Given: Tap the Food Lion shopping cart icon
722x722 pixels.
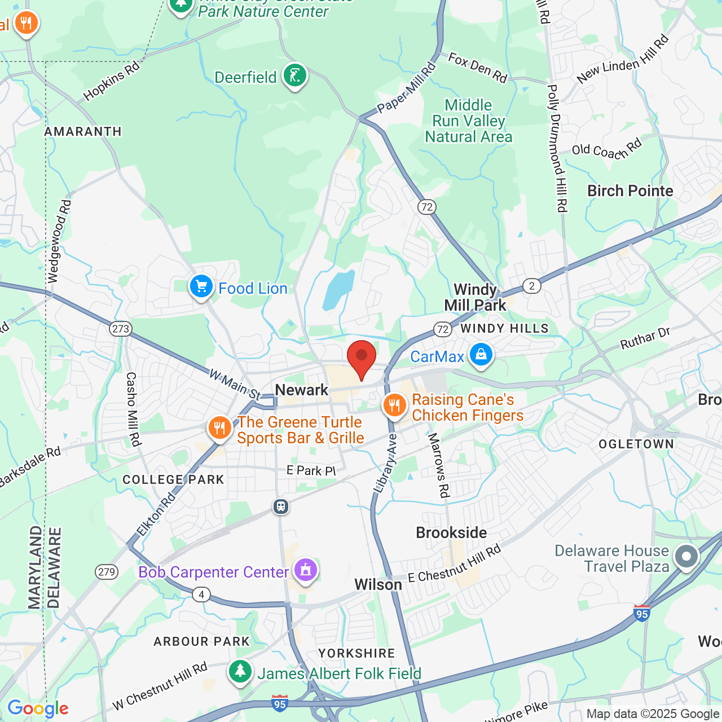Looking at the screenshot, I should pos(201,287).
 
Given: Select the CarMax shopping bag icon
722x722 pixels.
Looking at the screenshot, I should pos(481,355).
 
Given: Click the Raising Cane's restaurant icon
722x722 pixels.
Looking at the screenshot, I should pos(394,406).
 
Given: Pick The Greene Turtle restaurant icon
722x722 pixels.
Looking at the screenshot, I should pos(219,428).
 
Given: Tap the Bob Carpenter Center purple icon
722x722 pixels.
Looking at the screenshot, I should pos(306,570).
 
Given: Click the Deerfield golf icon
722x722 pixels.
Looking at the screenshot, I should pos(294,75).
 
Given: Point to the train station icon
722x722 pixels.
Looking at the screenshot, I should pos(280,507).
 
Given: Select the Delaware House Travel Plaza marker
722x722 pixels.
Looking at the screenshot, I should pos(686,557).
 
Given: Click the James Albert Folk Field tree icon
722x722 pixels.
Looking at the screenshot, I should pos(241,671).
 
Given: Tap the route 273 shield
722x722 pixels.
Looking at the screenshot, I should pos(121,329).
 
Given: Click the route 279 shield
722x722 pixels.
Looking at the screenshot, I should pos(107,572).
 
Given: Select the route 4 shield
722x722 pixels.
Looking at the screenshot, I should pos(201,595).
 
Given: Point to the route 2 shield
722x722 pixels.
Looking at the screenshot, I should pos(531,286).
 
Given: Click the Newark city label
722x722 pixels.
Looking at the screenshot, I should pos(301,390).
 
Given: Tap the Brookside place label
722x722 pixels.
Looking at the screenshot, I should pos(451,532).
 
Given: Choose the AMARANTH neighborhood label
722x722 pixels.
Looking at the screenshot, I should pos(83,131).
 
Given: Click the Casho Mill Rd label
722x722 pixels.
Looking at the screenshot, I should pos(133,409).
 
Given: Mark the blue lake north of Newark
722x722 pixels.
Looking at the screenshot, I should pos(338,289).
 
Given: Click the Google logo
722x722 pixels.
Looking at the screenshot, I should pos(38,708).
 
